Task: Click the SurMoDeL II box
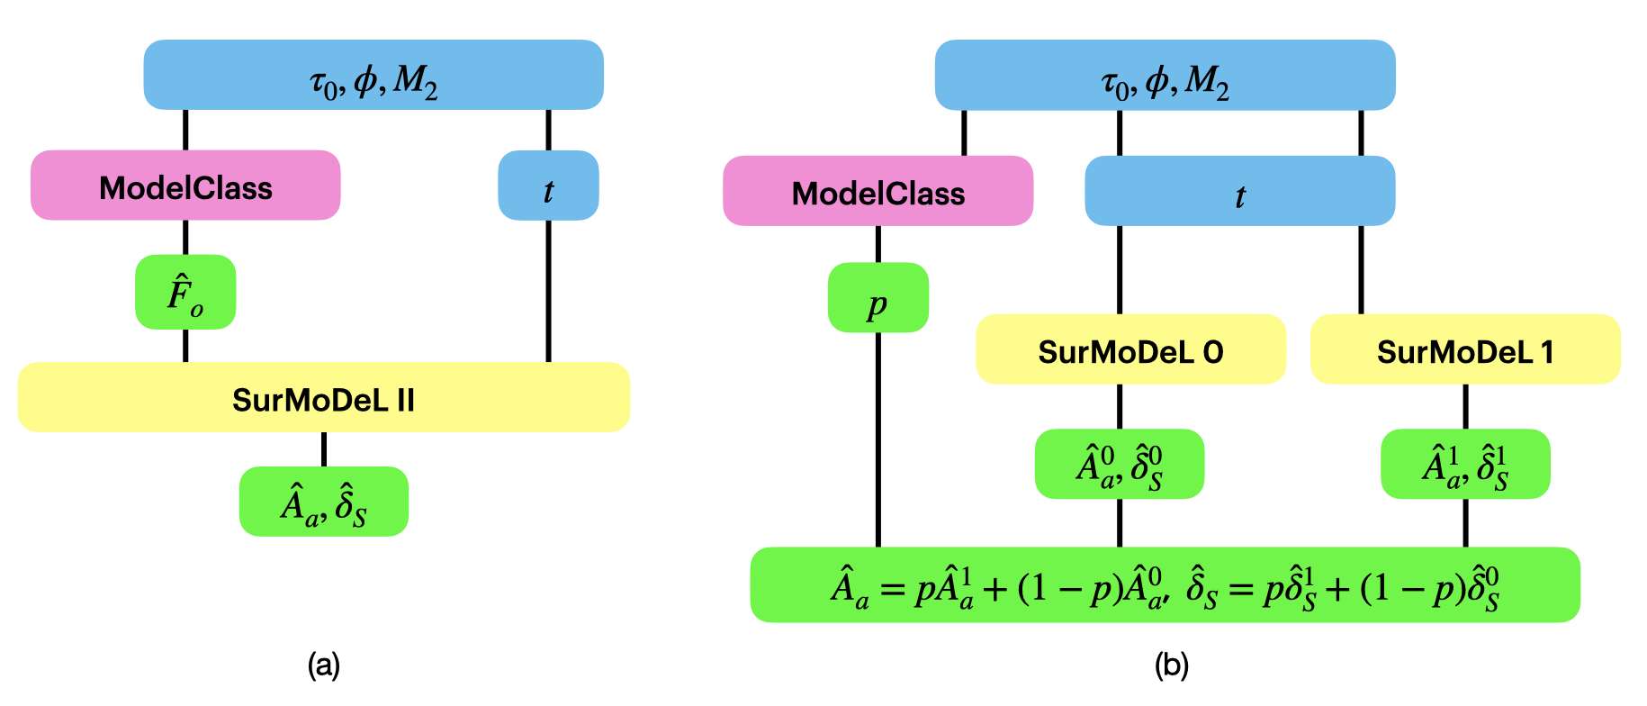pyautogui.click(x=323, y=397)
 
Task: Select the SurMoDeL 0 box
pyautogui.click(x=1130, y=349)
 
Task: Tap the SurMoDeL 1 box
pyautogui.click(x=1465, y=349)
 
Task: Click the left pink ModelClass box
pyautogui.click(x=185, y=186)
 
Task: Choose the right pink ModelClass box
pyautogui.click(x=877, y=191)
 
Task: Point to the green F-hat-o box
pyautogui.click(x=185, y=293)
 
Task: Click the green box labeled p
pyautogui.click(x=877, y=298)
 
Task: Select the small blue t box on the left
pyautogui.click(x=548, y=186)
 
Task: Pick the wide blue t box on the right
pyautogui.click(x=1239, y=191)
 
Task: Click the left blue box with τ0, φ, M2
pyautogui.click(x=373, y=75)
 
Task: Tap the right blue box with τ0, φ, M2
pyautogui.click(x=1165, y=75)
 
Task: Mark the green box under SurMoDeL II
pyautogui.click(x=323, y=502)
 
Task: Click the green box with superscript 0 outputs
pyautogui.click(x=1119, y=465)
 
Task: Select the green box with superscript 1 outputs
pyautogui.click(x=1465, y=465)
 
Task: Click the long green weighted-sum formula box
pyautogui.click(x=1165, y=585)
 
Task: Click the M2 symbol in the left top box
pyautogui.click(x=415, y=81)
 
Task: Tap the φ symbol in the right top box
pyautogui.click(x=1156, y=81)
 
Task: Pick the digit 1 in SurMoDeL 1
pyautogui.click(x=1547, y=352)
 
